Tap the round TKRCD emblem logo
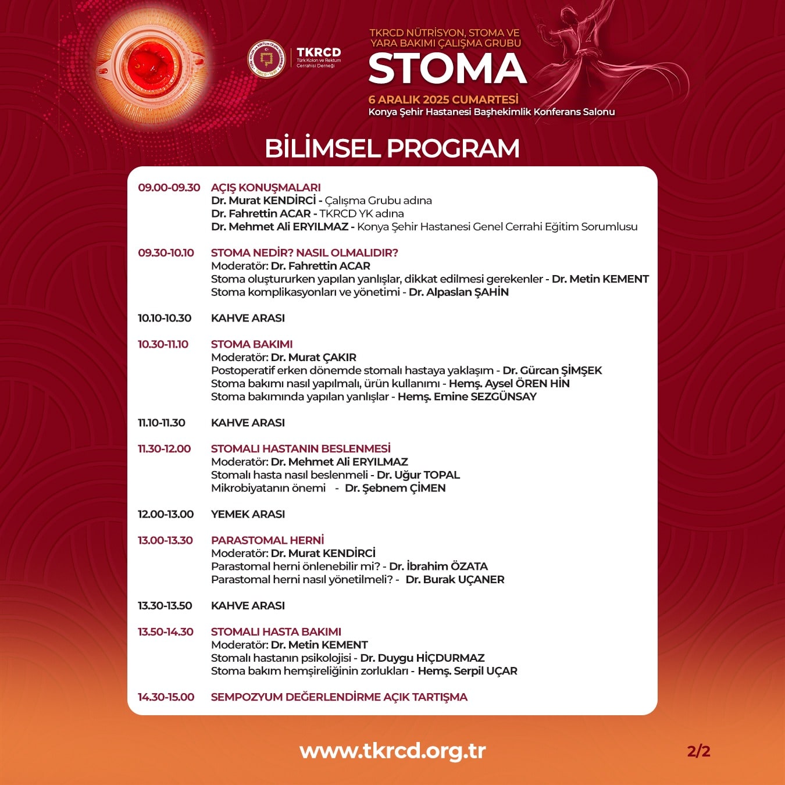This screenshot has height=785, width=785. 266,59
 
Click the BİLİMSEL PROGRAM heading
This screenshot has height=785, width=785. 392,148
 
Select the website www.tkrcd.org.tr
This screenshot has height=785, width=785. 392,750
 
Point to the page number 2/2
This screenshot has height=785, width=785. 698,751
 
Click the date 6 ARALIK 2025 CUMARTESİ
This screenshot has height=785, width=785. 443,99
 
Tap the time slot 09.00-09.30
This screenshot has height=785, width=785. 169,187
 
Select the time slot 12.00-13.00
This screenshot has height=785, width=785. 165,514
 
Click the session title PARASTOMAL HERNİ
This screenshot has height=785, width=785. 267,540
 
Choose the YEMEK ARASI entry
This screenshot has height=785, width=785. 248,514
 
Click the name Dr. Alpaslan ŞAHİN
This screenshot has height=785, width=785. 459,292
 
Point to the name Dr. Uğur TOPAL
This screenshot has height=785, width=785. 418,475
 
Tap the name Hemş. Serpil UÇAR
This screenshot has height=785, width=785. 468,671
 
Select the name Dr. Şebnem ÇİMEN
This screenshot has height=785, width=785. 395,488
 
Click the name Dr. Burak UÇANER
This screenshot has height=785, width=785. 455,579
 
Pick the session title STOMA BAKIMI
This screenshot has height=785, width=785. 252,344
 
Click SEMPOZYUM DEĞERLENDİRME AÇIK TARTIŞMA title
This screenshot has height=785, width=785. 339,697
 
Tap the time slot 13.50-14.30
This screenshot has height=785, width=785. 165,632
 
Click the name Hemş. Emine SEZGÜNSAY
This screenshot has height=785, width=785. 468,397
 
